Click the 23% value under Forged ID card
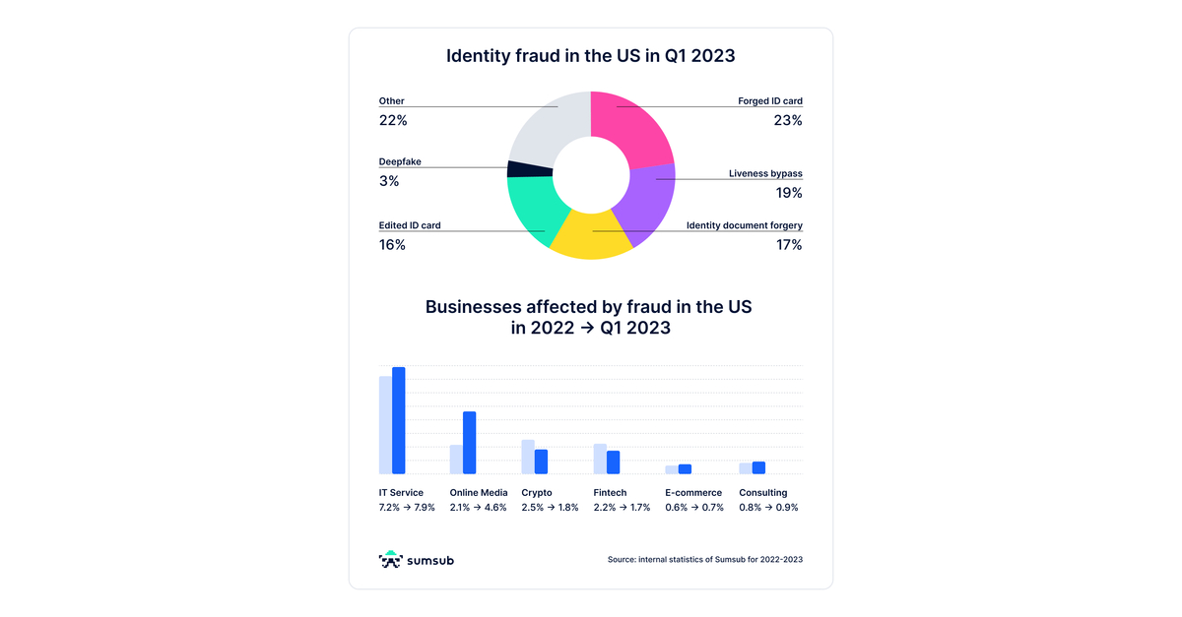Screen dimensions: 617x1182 pyautogui.click(x=788, y=121)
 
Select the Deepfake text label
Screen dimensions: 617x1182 pyautogui.click(x=400, y=161)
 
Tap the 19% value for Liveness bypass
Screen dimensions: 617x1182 pyautogui.click(x=789, y=193)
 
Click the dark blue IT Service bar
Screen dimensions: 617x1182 pyautogui.click(x=399, y=421)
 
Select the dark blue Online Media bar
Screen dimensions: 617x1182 pyautogui.click(x=470, y=443)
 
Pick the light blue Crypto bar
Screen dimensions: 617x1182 pyautogui.click(x=528, y=457)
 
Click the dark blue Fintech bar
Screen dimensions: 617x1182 pyautogui.click(x=613, y=463)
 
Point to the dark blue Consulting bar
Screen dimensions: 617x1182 pyautogui.click(x=758, y=467)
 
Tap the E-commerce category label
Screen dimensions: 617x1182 pyautogui.click(x=693, y=493)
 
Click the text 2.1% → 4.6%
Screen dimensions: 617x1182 pyautogui.click(x=478, y=508)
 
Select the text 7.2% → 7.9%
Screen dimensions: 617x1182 pyautogui.click(x=407, y=508)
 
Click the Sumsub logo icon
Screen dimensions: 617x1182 pyautogui.click(x=391, y=560)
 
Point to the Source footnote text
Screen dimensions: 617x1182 pyautogui.click(x=705, y=560)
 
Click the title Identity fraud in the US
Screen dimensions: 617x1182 pyautogui.click(x=590, y=56)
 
